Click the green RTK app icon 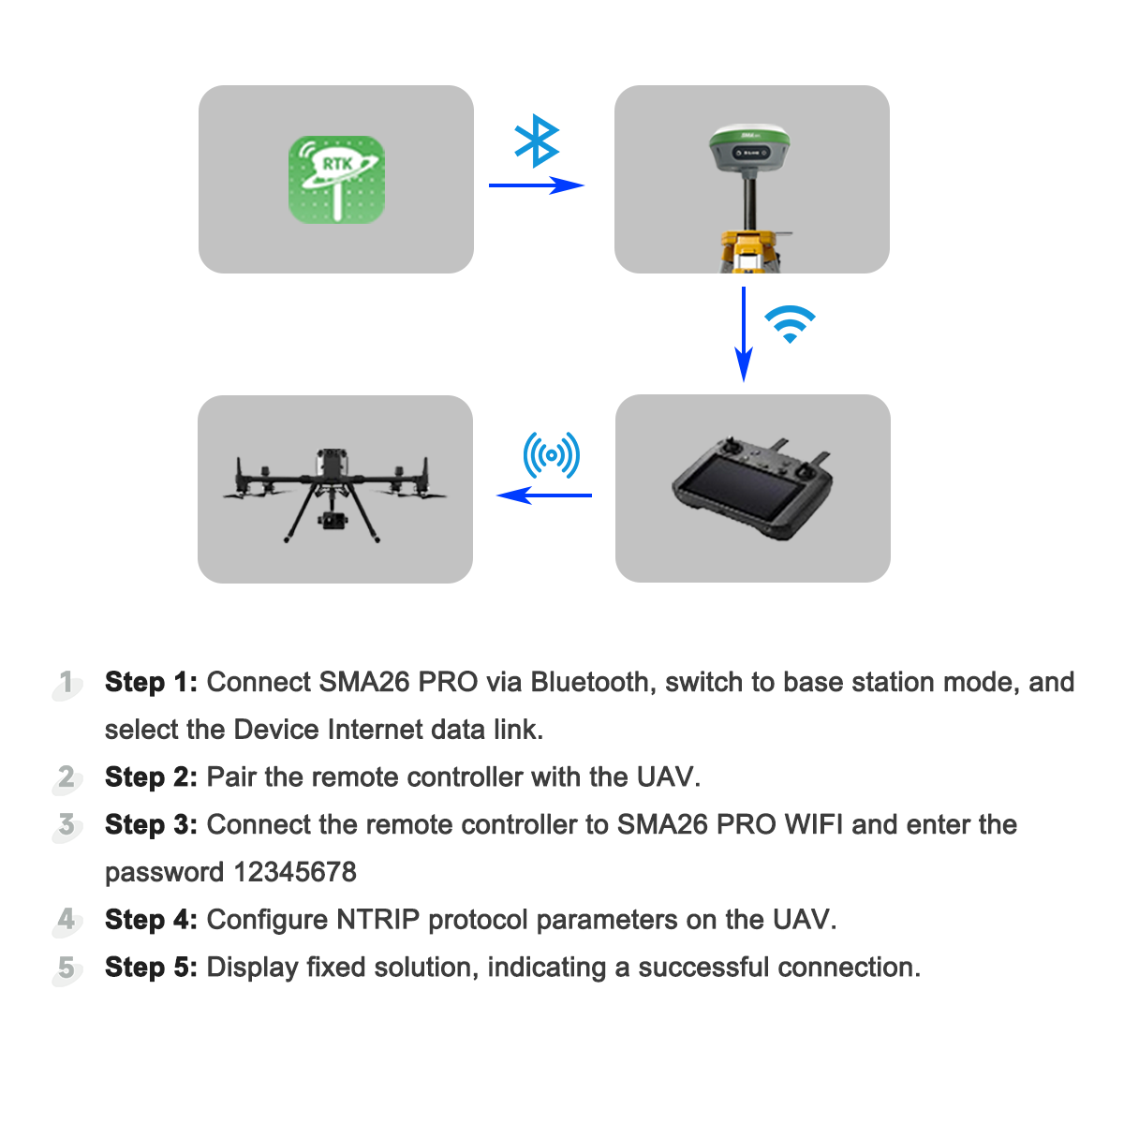336,180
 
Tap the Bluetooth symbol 537,140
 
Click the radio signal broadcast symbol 551,455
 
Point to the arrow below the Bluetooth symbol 536,185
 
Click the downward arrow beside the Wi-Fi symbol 744,333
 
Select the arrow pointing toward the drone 543,495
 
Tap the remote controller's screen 739,496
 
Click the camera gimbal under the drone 332,521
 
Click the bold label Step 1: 151,682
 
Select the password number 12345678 295,872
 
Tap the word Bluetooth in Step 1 589,682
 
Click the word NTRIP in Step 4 378,920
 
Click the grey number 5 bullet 67,968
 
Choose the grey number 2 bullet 67,777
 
